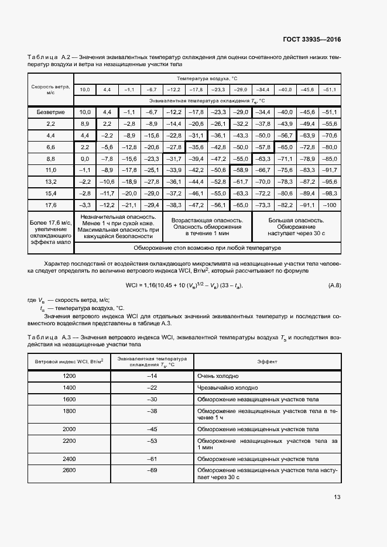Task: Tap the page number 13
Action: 337,497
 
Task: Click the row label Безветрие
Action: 50,112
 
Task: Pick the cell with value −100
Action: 331,205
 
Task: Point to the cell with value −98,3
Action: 331,193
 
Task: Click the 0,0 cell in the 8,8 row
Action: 85,159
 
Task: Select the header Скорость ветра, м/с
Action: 50,90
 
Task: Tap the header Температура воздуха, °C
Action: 207,78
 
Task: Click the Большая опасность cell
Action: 296,227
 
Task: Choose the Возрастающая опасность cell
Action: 207,227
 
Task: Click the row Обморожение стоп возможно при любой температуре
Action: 207,248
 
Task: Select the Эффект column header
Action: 268,362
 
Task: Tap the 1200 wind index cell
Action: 69,376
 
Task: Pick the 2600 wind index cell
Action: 69,470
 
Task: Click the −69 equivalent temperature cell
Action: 152,470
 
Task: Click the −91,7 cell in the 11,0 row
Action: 331,170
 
